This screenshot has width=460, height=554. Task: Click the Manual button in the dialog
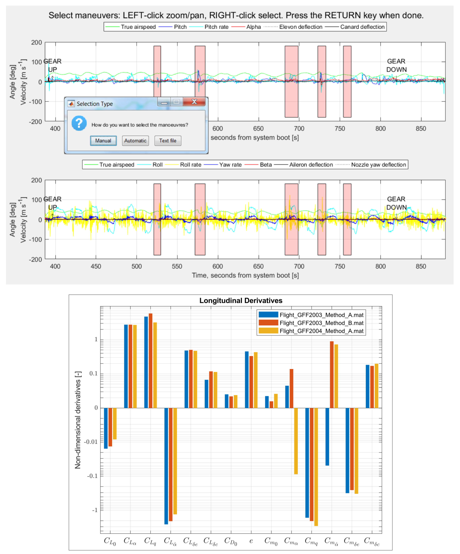coord(103,141)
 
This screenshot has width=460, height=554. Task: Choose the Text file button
coord(168,141)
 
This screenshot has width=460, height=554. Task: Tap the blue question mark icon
coord(79,123)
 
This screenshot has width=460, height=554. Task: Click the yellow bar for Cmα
coord(296,441)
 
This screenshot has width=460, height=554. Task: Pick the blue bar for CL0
coord(106,428)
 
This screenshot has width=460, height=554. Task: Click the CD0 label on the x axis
coord(231,541)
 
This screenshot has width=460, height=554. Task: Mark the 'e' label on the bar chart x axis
coord(251,541)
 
